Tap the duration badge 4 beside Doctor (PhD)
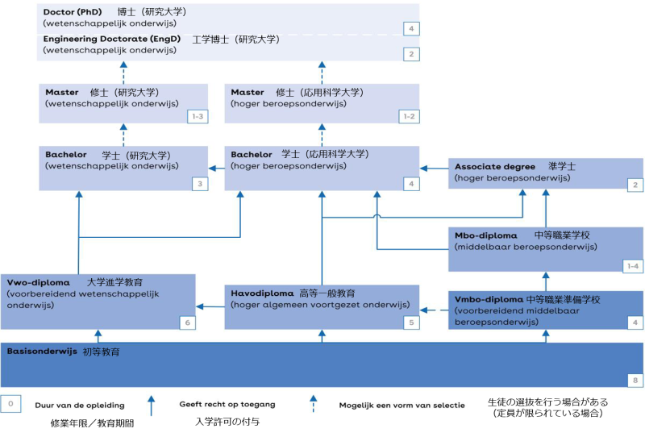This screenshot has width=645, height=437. pos(412,29)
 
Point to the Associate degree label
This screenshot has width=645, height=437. pos(495,167)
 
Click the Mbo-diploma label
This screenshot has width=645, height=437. pos(486,236)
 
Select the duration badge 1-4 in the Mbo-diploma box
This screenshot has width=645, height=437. pos(634,265)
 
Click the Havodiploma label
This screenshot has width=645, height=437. pos(263,293)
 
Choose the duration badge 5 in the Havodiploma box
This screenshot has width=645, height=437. pos(411,323)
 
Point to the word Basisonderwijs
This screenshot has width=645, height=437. pos(42,352)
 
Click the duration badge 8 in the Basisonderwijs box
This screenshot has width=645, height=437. pos(635,380)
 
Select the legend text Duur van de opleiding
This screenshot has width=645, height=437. pos(79,406)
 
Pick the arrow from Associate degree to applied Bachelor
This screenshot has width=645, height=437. pos(435,169)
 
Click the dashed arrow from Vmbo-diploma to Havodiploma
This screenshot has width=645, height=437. pos(435,306)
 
